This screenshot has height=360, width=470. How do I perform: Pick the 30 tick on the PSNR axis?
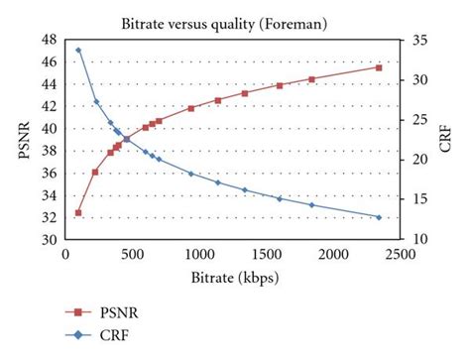(x=49, y=241)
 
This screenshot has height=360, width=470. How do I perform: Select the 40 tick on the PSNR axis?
(x=49, y=129)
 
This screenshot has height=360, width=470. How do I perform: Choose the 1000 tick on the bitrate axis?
(x=198, y=255)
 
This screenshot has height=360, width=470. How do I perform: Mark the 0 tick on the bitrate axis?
(x=64, y=255)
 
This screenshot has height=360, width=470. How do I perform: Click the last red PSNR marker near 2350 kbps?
(x=379, y=67)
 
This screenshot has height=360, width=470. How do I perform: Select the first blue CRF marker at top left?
(x=78, y=50)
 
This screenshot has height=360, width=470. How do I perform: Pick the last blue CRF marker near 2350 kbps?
(x=379, y=217)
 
